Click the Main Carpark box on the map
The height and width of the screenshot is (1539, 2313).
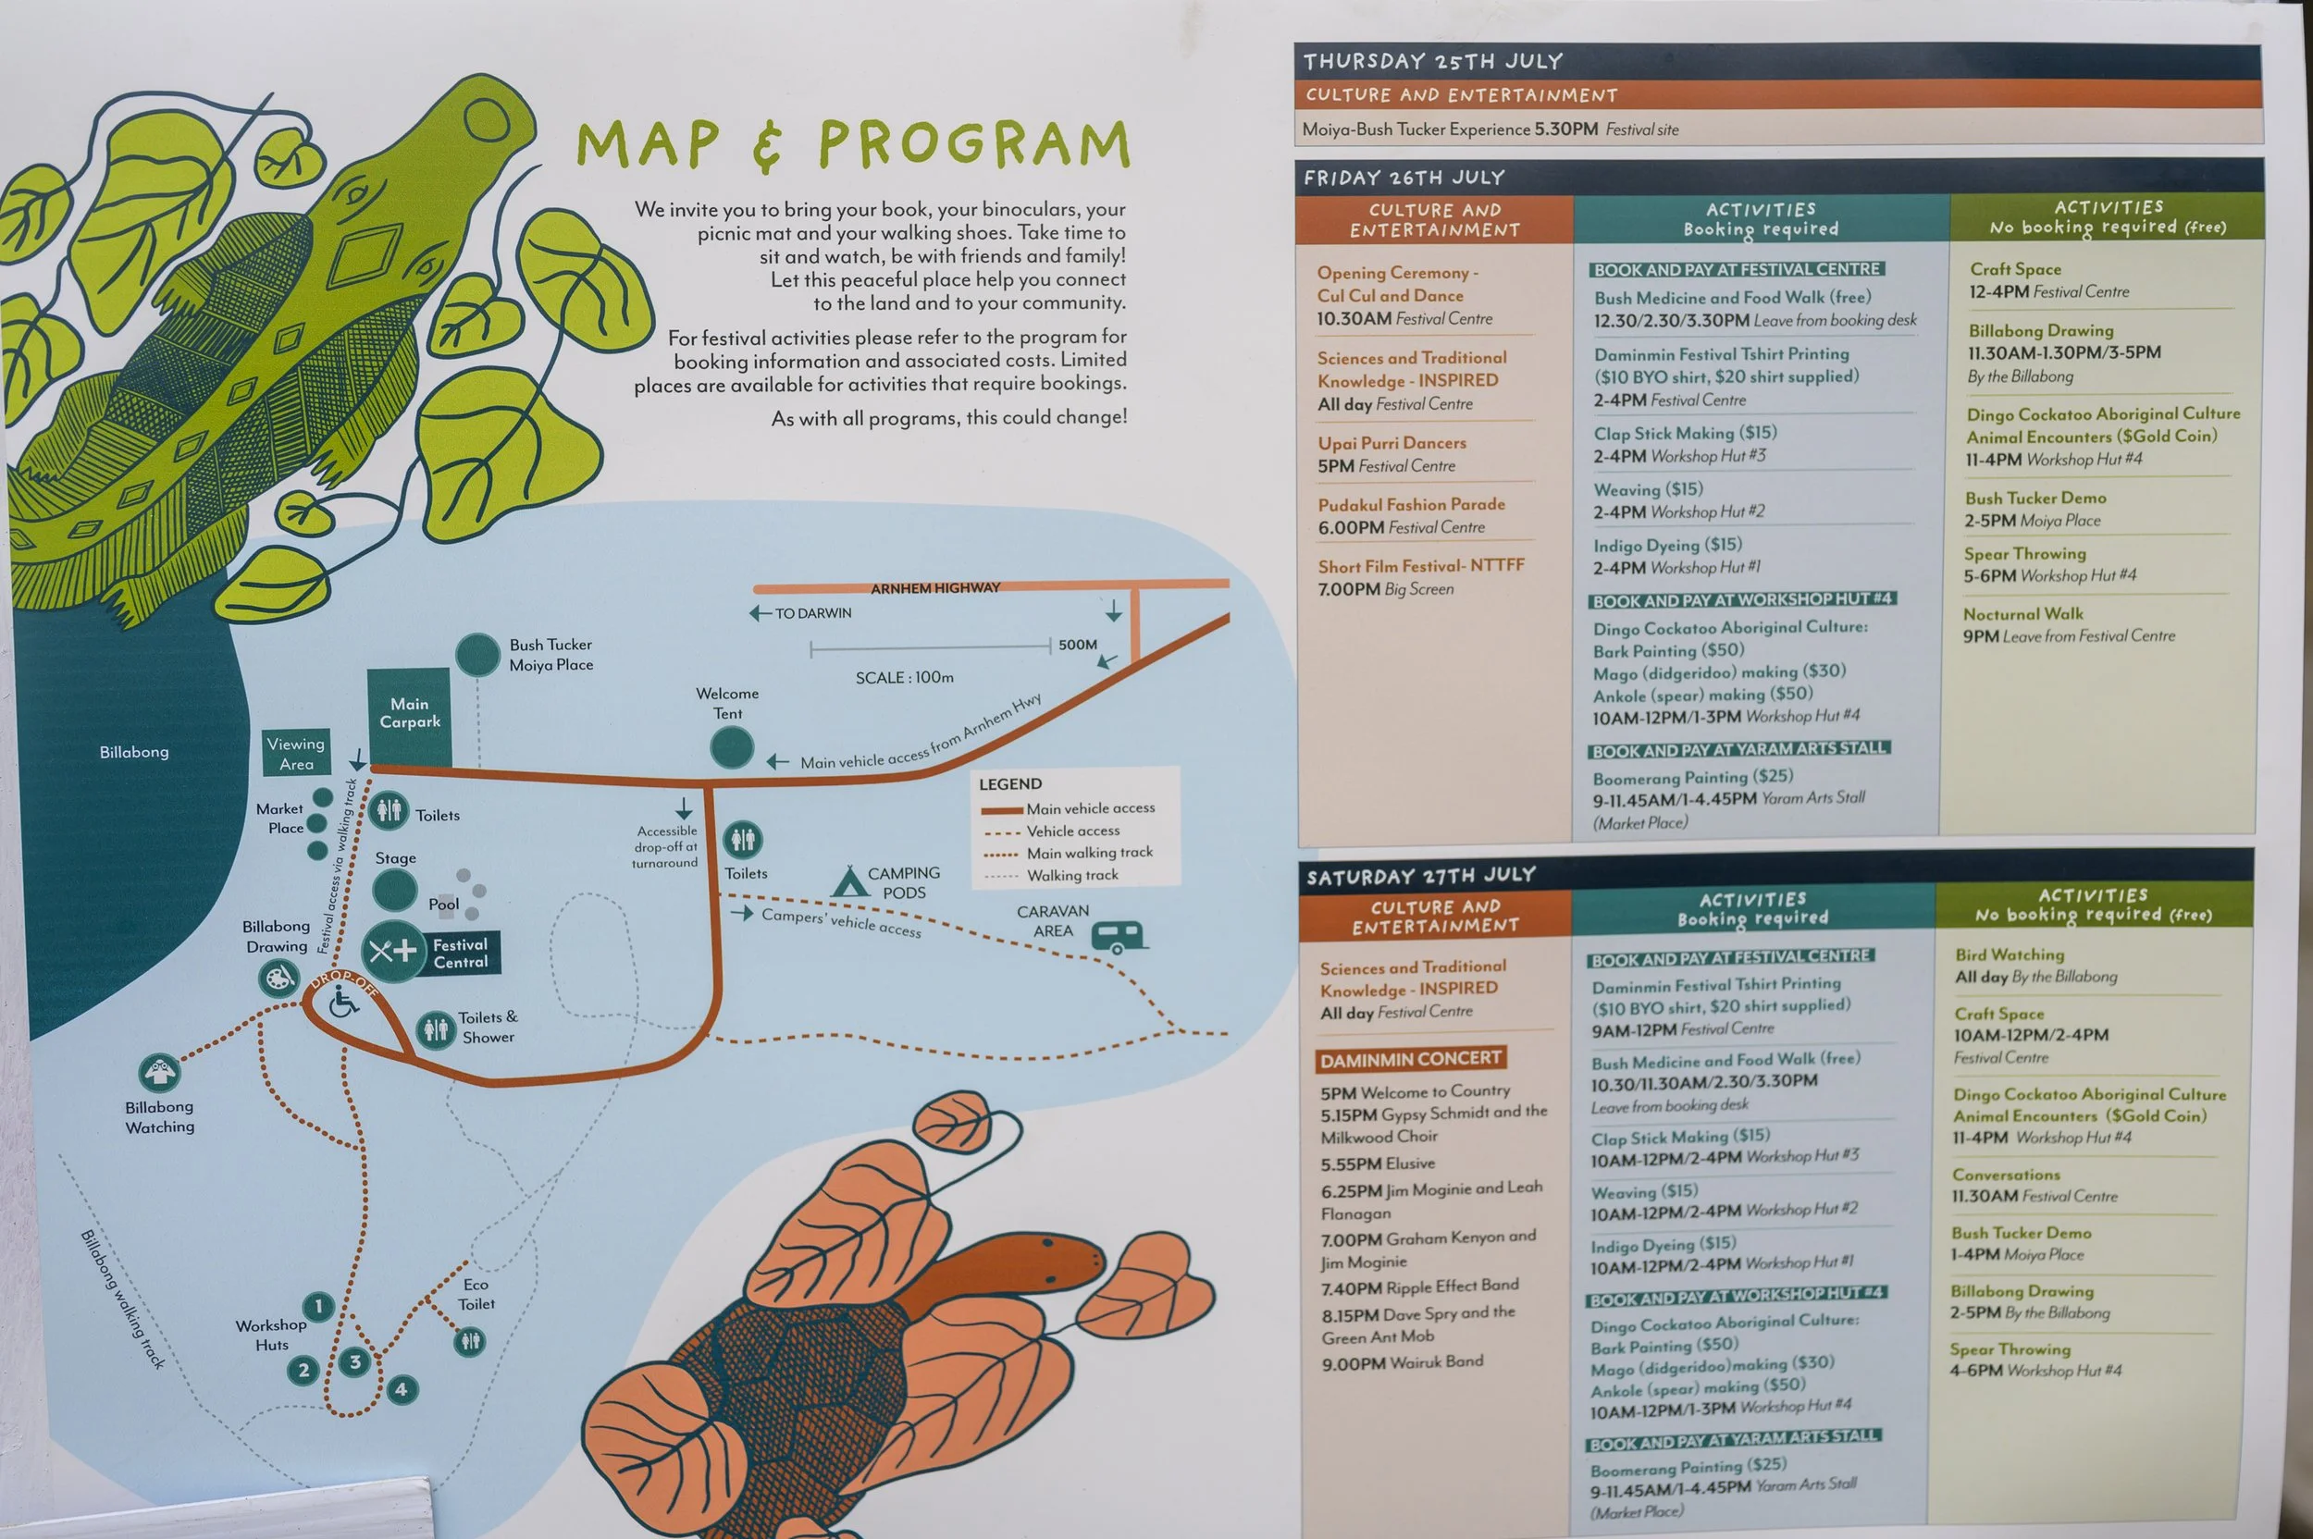[409, 716]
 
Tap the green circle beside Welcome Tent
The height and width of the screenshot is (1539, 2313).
[732, 748]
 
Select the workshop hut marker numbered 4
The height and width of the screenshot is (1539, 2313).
[401, 1389]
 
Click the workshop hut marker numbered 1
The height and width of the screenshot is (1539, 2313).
[318, 1306]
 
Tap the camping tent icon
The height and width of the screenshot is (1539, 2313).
[848, 882]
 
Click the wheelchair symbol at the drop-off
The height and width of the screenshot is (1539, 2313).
[343, 1003]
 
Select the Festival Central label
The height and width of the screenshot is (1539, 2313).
[460, 953]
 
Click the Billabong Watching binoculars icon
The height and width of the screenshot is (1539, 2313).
[159, 1073]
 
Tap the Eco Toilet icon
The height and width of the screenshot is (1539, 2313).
[470, 1341]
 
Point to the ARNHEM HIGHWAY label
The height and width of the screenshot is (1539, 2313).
[934, 588]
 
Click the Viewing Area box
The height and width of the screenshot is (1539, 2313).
[296, 754]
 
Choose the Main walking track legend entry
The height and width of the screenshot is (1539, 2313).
[1089, 853]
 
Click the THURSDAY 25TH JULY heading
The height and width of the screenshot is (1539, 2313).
[1432, 61]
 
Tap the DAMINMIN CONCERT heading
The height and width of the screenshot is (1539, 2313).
[1410, 1059]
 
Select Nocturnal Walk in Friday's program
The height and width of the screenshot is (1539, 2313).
[2022, 614]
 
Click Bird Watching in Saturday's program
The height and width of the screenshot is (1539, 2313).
[2009, 954]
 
